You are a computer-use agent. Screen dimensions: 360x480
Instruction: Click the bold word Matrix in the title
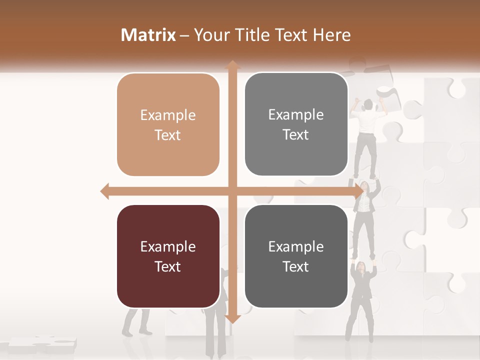pos(148,35)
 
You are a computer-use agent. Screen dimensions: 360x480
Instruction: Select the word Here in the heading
pos(331,35)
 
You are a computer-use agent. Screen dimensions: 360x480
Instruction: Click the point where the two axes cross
pos(232,191)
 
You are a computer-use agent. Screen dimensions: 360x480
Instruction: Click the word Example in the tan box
pos(168,115)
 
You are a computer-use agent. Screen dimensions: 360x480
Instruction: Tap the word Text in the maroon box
pos(168,267)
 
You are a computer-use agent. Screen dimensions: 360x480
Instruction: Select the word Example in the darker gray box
pos(296,247)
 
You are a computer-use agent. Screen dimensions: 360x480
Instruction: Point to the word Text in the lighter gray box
pos(296,135)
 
